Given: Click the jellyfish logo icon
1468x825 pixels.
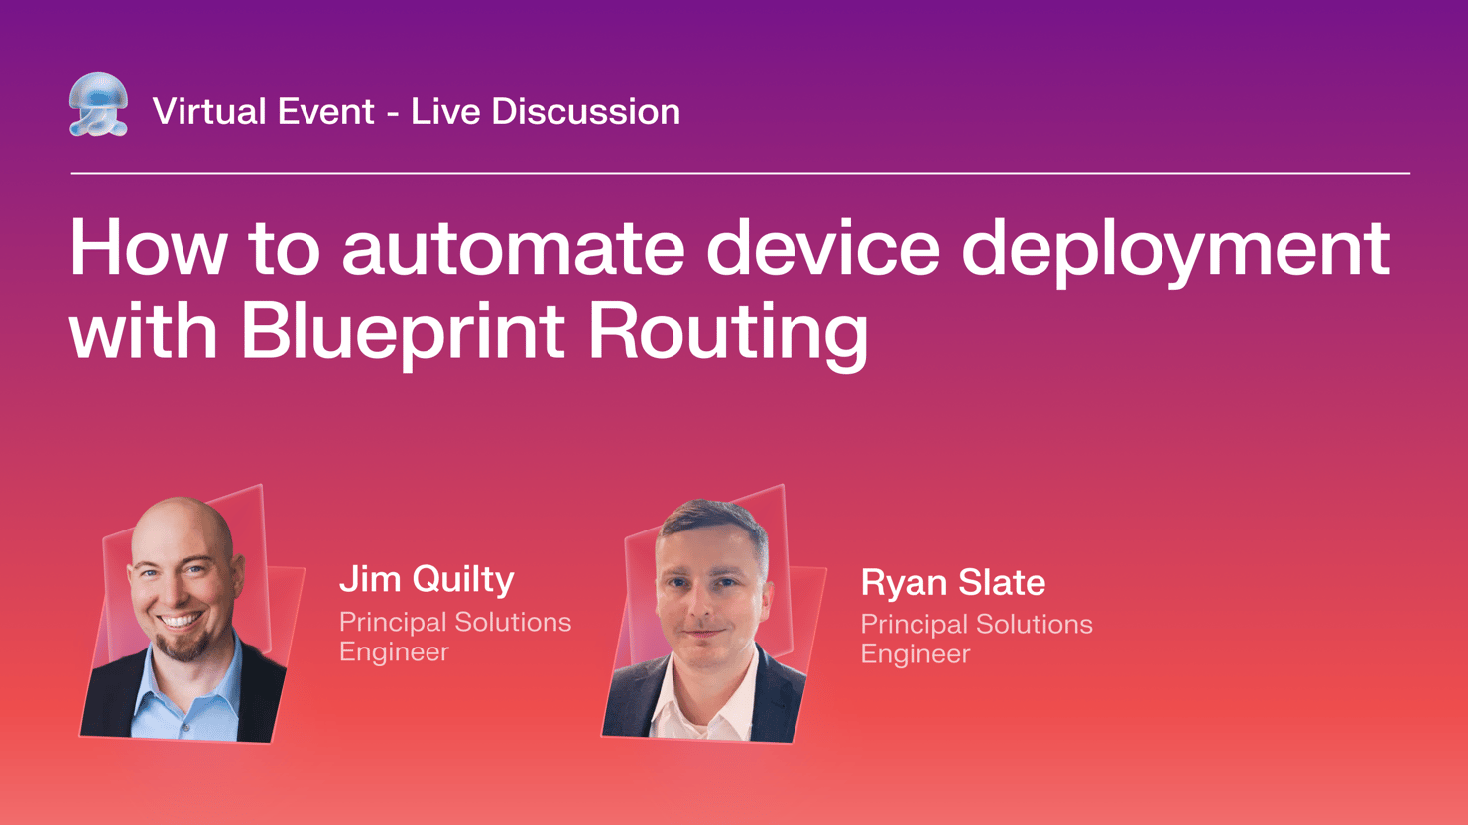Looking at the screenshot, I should (98, 104).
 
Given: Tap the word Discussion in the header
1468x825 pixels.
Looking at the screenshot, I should (585, 111).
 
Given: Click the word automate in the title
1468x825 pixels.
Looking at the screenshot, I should (513, 249).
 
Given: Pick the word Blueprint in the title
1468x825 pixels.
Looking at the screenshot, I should (403, 331).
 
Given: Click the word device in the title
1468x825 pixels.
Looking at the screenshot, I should (822, 249).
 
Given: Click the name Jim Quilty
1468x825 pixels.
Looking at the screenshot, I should (427, 579).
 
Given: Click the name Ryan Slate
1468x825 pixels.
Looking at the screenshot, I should (952, 583).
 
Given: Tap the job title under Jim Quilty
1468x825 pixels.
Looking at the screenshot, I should (454, 637).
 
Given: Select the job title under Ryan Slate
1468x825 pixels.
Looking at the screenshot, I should (976, 639).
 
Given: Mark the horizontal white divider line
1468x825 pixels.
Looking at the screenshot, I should (740, 173).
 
